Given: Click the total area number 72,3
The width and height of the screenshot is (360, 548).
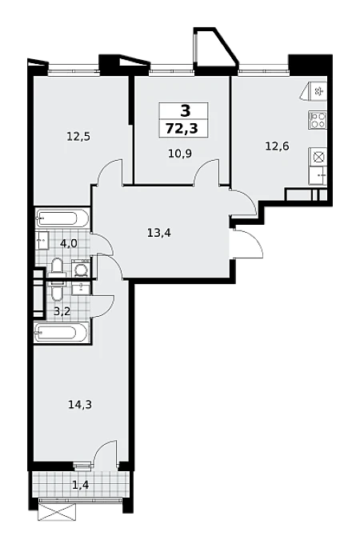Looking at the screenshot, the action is point(182,129).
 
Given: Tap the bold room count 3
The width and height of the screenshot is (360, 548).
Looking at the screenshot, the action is point(186,111).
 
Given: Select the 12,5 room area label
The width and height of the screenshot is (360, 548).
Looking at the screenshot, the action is point(78,136).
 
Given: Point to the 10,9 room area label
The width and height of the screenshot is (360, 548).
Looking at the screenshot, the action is point(180,154).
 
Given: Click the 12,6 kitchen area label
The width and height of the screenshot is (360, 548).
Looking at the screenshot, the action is point(277,146).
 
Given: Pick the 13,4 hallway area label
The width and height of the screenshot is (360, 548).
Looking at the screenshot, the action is point(159,233).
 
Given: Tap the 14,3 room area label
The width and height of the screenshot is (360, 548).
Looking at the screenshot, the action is point(80,405).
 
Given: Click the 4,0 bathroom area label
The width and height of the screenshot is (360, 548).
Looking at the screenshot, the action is point(69,243).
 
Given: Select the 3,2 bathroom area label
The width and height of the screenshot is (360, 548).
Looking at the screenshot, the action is point(62,311).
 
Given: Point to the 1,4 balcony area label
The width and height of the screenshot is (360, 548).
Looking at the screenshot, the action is point(80,484).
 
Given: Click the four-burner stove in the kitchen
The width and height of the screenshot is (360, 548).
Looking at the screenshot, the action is point(318,120).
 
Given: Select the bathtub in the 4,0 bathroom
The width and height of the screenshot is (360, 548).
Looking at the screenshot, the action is point(62,218).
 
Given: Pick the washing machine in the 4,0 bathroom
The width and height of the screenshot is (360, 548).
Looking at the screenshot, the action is point(81,269).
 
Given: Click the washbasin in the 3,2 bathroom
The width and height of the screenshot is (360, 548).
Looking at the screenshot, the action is point(81,288).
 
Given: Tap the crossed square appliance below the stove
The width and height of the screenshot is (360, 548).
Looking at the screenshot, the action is point(318,157).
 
